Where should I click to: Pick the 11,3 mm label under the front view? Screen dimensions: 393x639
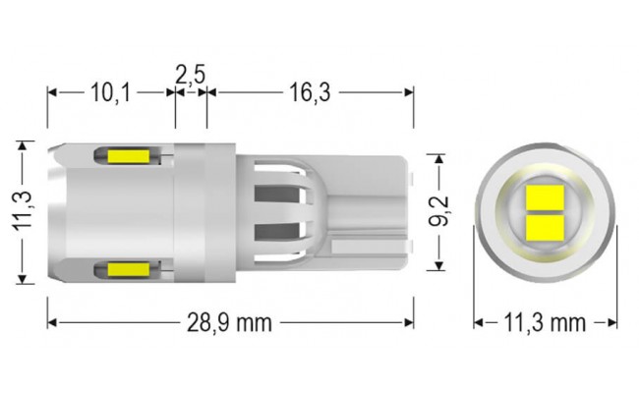pyautogui.click(x=544, y=322)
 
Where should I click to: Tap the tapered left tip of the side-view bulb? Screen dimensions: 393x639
pyautogui.click(x=57, y=211)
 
